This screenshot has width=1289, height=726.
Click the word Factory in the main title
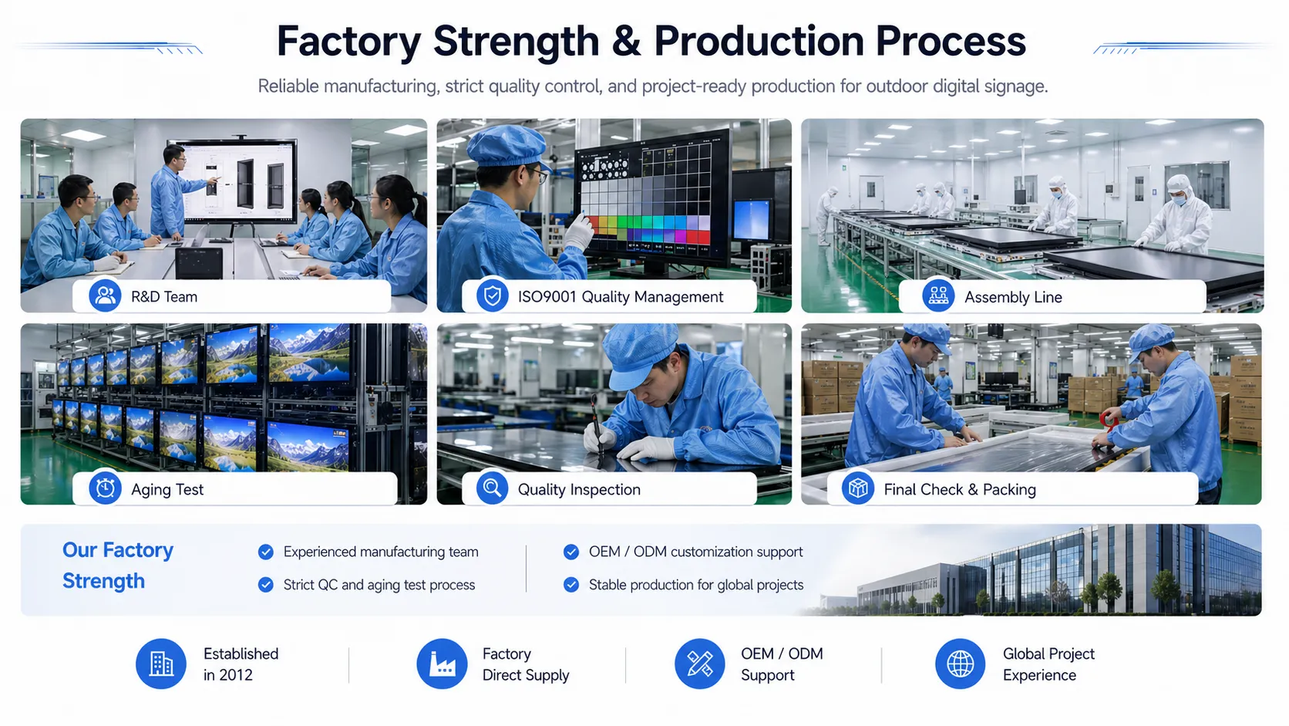349,42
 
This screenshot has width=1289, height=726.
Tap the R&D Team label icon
105,296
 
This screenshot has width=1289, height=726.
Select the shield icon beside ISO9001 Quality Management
492,296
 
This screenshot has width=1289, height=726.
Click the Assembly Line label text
1013,297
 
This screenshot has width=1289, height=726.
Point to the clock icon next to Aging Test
105,488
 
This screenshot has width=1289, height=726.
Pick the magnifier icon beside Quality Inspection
492,488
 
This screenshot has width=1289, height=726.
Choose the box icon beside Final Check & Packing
858,488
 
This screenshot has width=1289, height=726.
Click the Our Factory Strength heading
117,566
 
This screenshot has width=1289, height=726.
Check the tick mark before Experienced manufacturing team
266,552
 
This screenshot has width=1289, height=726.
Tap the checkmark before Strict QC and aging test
266,585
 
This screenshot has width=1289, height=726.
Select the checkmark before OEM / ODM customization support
570,552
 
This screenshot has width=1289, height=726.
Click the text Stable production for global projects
695,585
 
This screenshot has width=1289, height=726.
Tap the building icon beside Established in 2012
161,664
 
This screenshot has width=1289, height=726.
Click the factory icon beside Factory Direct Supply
442,664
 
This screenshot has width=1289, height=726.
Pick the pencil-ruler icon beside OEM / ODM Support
700,664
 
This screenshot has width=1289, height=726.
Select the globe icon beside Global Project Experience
961,664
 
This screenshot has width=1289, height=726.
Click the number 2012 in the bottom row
236,675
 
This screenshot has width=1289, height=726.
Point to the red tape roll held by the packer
1109,420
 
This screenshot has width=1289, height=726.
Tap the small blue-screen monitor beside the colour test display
751,219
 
